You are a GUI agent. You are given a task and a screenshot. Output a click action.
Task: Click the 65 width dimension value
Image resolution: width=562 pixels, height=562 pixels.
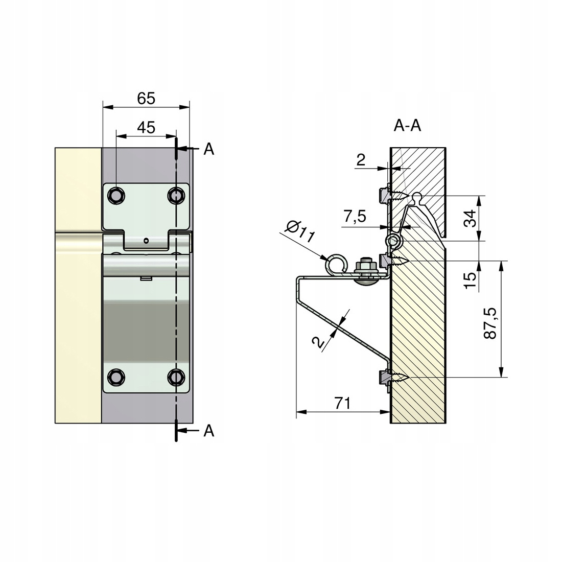tap(146, 98)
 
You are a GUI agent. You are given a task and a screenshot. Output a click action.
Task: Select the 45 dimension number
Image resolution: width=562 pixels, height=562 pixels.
tap(146, 127)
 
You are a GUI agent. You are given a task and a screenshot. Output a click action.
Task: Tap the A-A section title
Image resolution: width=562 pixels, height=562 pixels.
tap(407, 126)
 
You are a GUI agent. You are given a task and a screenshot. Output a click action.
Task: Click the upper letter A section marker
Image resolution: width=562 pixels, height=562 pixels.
tap(208, 149)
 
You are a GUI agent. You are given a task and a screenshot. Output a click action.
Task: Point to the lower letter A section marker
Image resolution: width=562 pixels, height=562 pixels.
tap(208, 431)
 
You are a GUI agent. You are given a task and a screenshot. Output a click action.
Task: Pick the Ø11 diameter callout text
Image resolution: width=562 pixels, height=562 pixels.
tap(300, 232)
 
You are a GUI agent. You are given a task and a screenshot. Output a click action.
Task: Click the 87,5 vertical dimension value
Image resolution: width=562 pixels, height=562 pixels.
tap(490, 323)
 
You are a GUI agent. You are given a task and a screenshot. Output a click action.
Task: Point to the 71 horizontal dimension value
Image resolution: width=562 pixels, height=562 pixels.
tap(342, 403)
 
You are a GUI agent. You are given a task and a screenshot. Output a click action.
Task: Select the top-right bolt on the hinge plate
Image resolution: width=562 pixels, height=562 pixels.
tap(176, 196)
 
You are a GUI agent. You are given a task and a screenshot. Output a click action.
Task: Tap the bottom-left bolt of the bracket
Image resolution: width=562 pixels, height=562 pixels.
tap(116, 378)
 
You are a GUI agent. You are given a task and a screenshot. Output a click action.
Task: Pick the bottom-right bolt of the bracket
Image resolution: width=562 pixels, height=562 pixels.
tap(176, 378)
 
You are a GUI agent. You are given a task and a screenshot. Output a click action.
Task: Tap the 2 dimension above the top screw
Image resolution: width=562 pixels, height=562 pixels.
tap(361, 160)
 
